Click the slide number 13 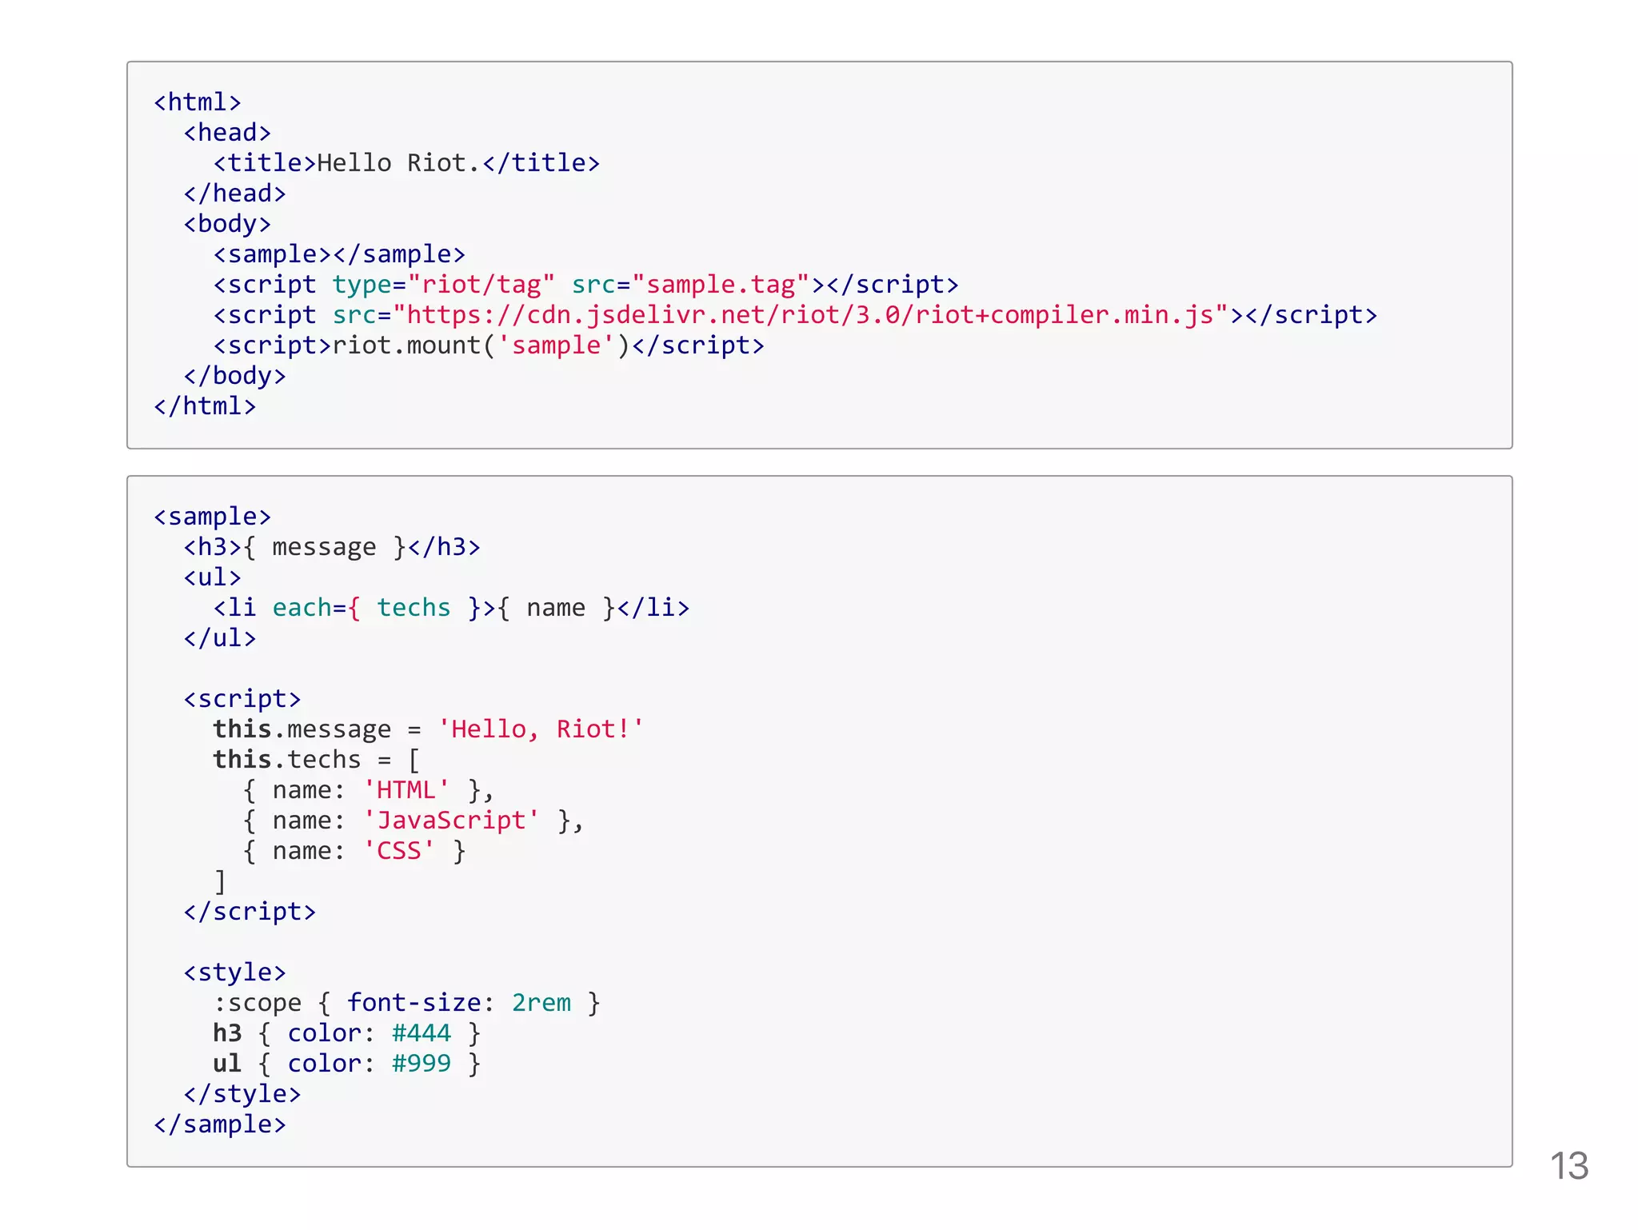coord(1568,1166)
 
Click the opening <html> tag coord(198,102)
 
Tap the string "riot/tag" coord(481,285)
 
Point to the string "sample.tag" coord(721,285)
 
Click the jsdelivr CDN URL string coord(810,315)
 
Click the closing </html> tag coord(205,406)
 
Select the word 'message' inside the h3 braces coord(324,547)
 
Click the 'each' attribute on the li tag coord(302,608)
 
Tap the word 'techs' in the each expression coord(413,608)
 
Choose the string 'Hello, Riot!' coord(541,729)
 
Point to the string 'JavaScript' coord(451,821)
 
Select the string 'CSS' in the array coord(399,851)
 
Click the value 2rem coord(541,1003)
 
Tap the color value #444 coord(421,1033)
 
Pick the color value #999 coord(421,1064)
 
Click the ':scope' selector coord(258,1003)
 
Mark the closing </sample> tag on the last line coord(220,1124)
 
